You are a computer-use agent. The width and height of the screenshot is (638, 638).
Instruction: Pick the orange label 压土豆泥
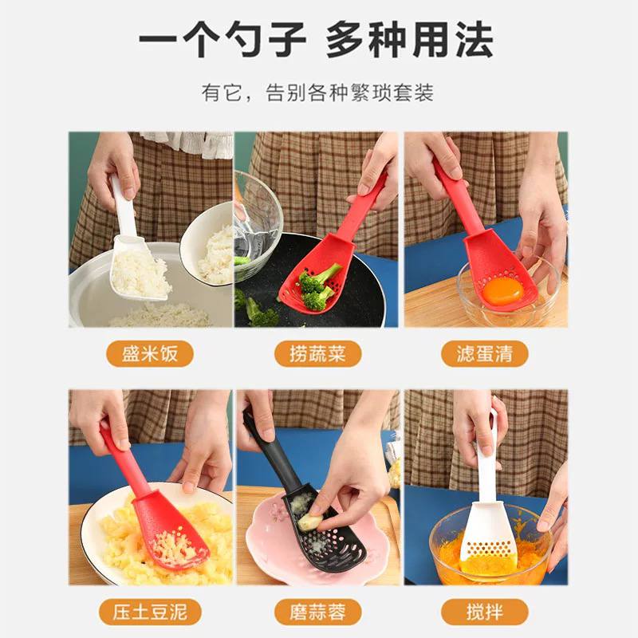[x=150, y=612]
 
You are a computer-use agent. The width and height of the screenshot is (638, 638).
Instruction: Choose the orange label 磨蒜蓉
[x=317, y=612]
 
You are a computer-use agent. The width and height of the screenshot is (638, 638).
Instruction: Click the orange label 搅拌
[x=485, y=612]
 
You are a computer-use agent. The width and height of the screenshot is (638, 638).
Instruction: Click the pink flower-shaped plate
[x=263, y=550]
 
